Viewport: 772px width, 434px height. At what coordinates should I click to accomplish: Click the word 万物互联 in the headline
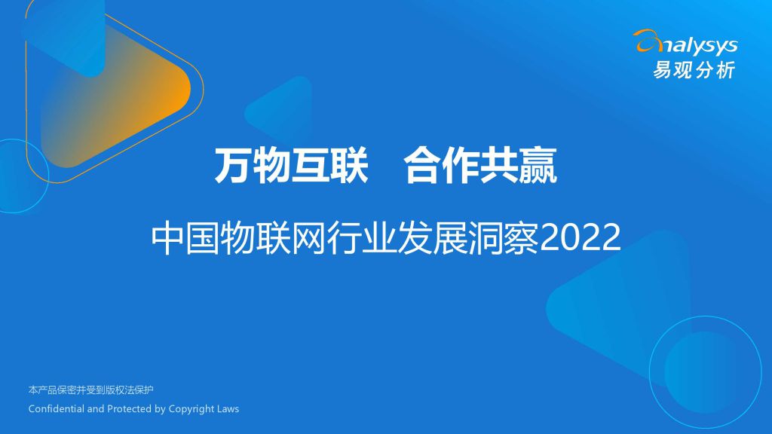pyautogui.click(x=291, y=166)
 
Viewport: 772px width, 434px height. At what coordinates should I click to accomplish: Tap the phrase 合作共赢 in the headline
pyautogui.click(x=480, y=166)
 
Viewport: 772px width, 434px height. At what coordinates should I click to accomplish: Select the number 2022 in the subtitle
pyautogui.click(x=580, y=237)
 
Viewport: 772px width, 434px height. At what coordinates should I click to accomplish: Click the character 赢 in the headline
pyautogui.click(x=538, y=166)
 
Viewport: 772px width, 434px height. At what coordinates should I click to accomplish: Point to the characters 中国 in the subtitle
pyautogui.click(x=185, y=238)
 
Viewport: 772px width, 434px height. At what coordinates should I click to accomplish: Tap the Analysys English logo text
pyautogui.click(x=687, y=44)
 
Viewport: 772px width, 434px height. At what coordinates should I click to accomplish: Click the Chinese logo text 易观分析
pyautogui.click(x=694, y=70)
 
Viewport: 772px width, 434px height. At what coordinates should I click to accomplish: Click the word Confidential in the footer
pyautogui.click(x=56, y=408)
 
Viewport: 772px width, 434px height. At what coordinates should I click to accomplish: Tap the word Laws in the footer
pyautogui.click(x=228, y=408)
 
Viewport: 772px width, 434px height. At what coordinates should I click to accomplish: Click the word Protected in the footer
pyautogui.click(x=129, y=408)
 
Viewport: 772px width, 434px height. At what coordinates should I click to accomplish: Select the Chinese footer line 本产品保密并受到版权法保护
pyautogui.click(x=91, y=390)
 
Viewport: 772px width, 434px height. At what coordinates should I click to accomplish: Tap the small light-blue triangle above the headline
pyautogui.click(x=282, y=109)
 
